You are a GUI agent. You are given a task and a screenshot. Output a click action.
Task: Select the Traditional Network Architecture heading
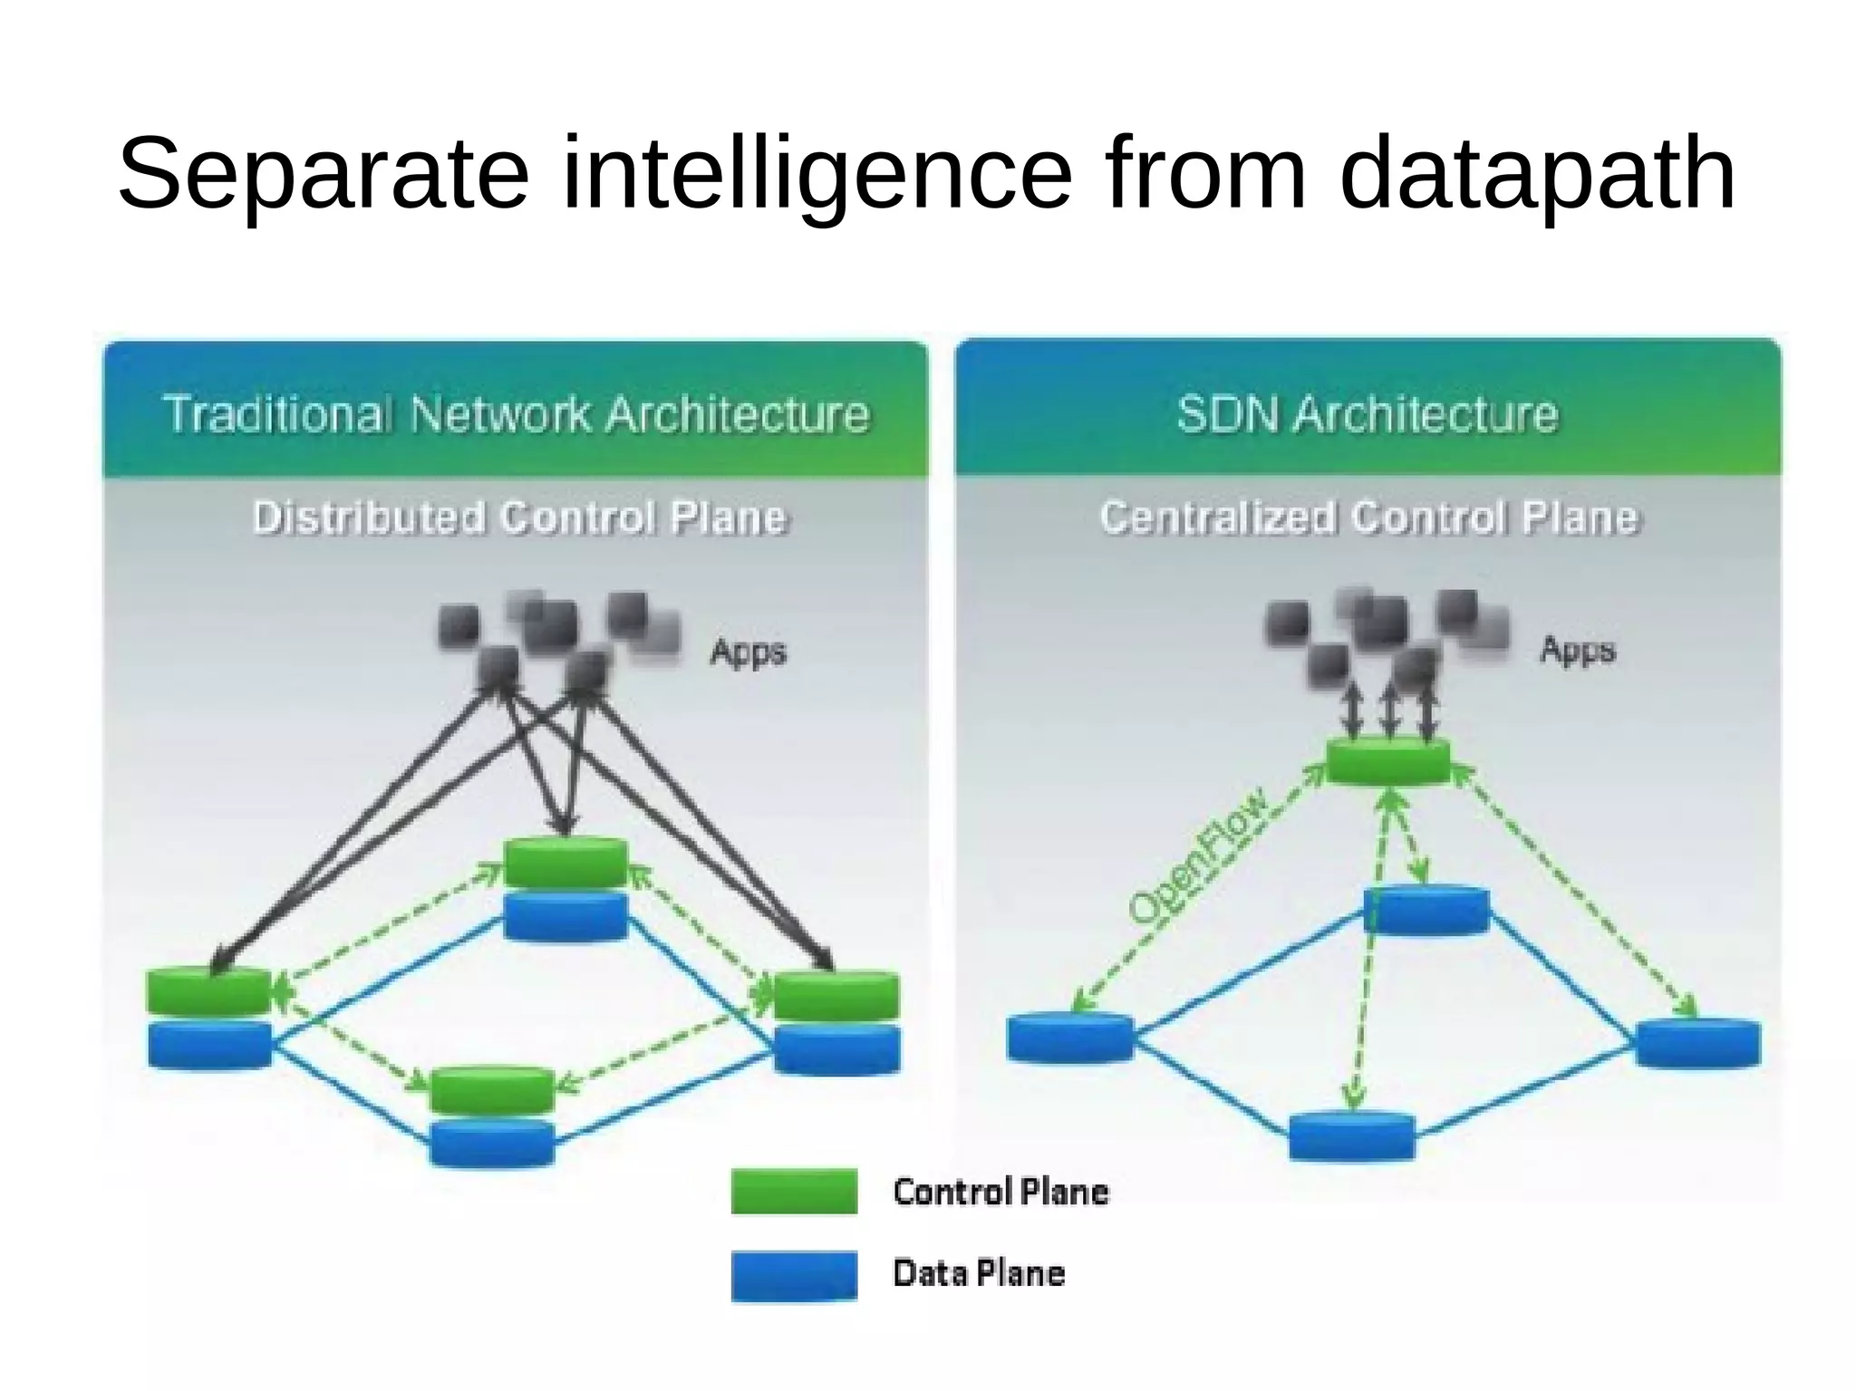coord(516,414)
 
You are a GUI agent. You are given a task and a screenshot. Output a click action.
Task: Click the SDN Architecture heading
coord(1367,414)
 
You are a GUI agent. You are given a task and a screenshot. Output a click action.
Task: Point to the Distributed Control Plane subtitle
coord(520,517)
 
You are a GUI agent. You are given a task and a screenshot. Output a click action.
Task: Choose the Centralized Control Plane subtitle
coord(1369,517)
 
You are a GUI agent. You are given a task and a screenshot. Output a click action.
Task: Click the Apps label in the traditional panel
coord(748,652)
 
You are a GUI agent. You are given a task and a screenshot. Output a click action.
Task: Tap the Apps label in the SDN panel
coord(1577,650)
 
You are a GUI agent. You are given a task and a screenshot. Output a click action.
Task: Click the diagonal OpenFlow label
coord(1198,856)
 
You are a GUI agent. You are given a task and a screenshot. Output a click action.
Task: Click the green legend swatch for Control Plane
coord(794,1191)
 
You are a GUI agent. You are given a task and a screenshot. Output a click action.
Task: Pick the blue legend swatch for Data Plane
coord(794,1275)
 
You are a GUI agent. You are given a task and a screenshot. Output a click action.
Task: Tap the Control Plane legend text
coord(1000,1192)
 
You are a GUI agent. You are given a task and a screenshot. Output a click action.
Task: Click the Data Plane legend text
coord(979,1273)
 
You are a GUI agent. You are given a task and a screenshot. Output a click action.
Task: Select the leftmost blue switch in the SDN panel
coord(1070,1038)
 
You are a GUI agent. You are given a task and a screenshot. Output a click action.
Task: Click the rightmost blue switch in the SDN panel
coord(1698,1043)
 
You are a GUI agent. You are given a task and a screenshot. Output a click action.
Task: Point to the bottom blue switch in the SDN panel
coord(1351,1136)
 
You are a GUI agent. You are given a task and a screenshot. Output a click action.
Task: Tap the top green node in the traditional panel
coord(565,862)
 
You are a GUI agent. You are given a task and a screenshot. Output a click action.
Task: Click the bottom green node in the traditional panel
coord(491,1090)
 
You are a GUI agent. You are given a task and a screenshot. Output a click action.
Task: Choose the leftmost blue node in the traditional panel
coord(209,1045)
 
